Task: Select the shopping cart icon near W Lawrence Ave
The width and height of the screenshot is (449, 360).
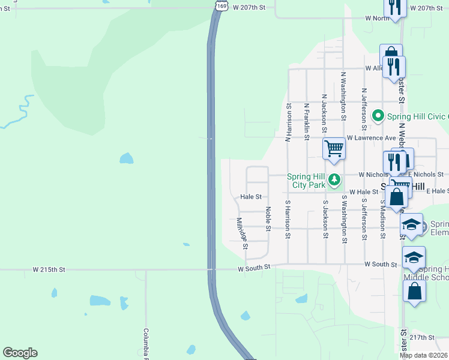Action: [x=334, y=148]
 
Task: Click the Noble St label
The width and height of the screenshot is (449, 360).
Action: [x=268, y=219]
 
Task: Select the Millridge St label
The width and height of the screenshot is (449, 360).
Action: [x=241, y=233]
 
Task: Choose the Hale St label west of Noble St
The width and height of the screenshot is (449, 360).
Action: [x=251, y=196]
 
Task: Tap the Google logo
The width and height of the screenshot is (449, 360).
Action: [x=20, y=353]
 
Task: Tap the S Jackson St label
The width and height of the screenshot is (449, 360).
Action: [x=325, y=219]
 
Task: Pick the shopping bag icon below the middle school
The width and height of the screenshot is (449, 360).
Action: [x=415, y=292]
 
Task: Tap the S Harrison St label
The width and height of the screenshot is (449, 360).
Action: [x=288, y=219]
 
